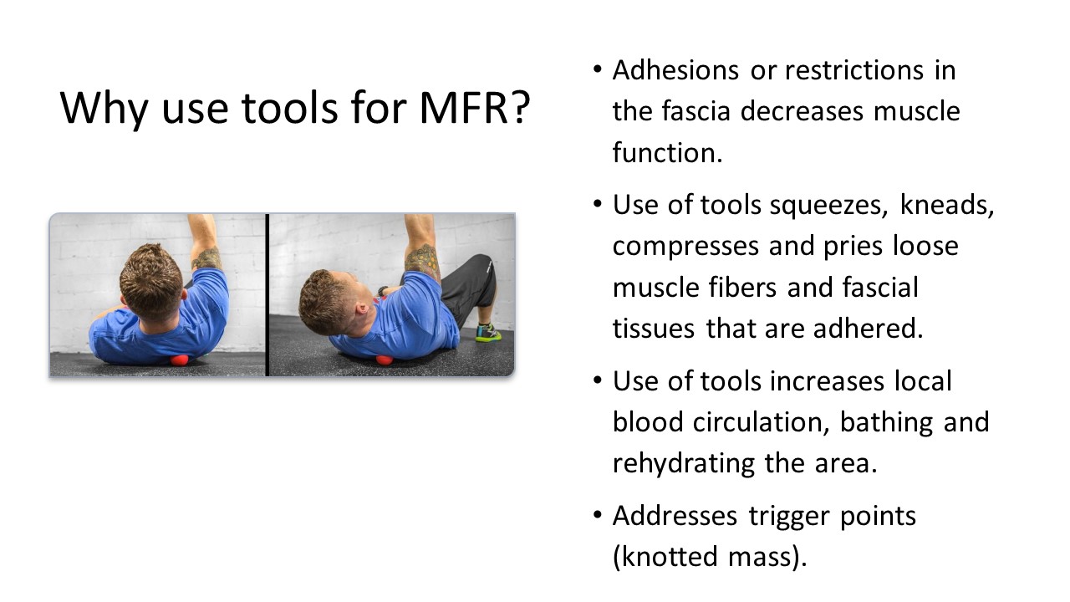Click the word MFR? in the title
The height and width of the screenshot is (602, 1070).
coord(475,108)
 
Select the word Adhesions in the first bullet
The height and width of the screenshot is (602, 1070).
coord(676,70)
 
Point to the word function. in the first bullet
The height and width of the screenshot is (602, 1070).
coord(667,152)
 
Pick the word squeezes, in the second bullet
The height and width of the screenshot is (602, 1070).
coord(828,206)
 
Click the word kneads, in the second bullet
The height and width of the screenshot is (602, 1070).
coord(947,205)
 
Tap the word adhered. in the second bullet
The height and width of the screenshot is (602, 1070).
coord(868,329)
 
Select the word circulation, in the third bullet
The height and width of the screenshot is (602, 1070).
coord(761,422)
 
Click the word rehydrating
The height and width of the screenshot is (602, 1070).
coord(684,464)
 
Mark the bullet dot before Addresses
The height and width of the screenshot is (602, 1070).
coord(597,516)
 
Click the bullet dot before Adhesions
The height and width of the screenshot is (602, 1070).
coord(597,69)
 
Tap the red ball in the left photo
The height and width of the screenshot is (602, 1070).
coord(180,360)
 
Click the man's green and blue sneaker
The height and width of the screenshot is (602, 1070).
coord(488,333)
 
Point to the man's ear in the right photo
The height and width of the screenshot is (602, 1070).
coord(360,310)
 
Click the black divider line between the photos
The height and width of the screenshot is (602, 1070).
coord(267,295)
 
